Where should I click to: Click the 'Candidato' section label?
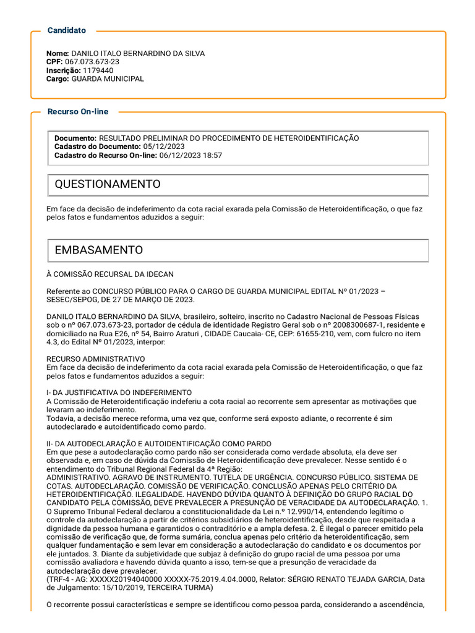[x=67, y=30]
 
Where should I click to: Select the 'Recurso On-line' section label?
[x=77, y=112]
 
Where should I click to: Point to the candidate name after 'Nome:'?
[x=138, y=54]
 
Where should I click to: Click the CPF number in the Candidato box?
[x=92, y=62]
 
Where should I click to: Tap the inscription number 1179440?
[x=97, y=70]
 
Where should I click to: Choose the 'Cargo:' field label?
[x=58, y=79]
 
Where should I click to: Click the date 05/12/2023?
[x=164, y=147]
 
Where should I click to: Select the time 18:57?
[x=212, y=155]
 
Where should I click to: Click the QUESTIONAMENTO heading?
[x=108, y=184]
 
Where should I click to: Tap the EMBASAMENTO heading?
[x=99, y=250]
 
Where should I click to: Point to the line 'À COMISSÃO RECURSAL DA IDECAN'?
[x=110, y=274]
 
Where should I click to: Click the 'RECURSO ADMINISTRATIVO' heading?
[x=96, y=359]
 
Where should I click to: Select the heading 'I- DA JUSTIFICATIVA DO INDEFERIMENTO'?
[x=119, y=393]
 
